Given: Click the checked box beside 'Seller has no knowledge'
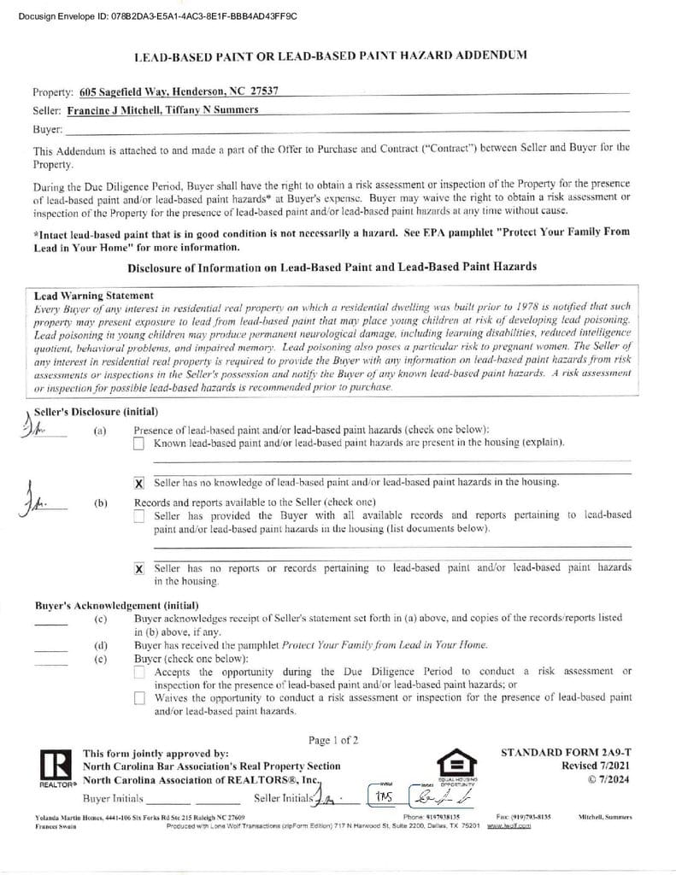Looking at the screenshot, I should click(x=139, y=483).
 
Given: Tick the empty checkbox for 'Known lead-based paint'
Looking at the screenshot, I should click(x=139, y=443).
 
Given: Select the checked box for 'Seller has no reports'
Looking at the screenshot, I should click(x=139, y=568).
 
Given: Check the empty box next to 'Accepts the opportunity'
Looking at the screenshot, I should click(x=139, y=672).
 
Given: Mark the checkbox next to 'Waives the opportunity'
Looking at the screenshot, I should click(x=139, y=698).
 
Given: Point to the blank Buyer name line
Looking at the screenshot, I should click(x=342, y=128).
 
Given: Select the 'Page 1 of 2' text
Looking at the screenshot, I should click(x=333, y=740).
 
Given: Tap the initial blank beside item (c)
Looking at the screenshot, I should click(x=50, y=621).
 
